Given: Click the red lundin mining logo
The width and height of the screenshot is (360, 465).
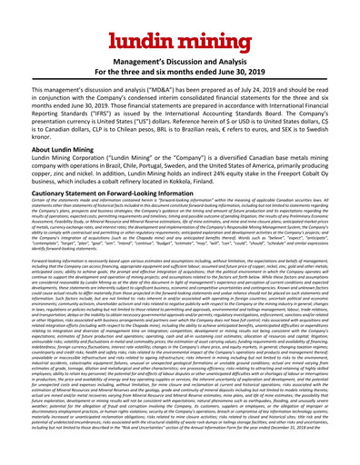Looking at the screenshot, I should tap(179, 21).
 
